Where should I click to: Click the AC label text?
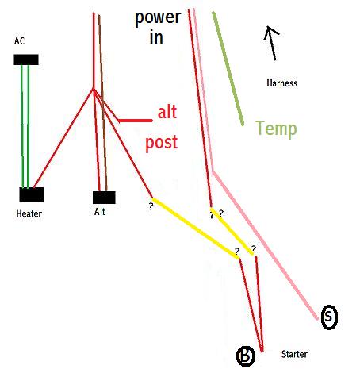(19, 41)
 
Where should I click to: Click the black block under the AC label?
(26, 60)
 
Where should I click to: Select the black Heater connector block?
(32, 195)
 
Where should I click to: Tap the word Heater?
(29, 213)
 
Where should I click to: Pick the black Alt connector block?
(104, 198)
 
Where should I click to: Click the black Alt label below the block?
(100, 212)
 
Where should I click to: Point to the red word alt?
(167, 112)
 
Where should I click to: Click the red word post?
(161, 143)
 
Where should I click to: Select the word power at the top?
(158, 18)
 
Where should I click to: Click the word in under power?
(156, 37)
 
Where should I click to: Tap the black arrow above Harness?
(272, 43)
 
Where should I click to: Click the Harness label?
(282, 83)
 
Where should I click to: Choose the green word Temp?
(276, 129)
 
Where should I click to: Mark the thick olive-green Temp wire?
(228, 68)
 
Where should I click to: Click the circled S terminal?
(329, 317)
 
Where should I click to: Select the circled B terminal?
(246, 356)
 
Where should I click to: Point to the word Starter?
(294, 354)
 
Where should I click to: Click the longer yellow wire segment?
(196, 228)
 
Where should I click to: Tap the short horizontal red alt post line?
(136, 121)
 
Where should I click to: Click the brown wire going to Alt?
(102, 103)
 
